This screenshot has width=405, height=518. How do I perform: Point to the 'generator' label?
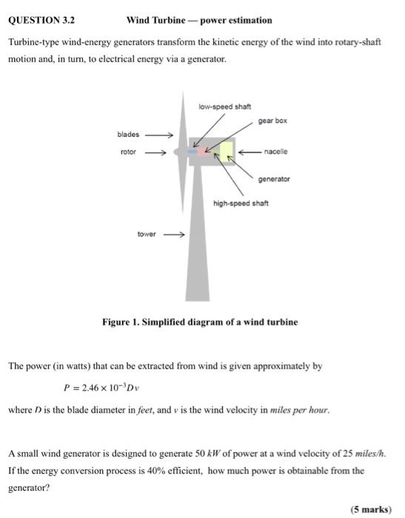[274, 179]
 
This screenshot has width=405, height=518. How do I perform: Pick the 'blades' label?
[128, 135]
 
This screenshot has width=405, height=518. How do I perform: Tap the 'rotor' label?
[129, 152]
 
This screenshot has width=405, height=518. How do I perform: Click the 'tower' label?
[147, 234]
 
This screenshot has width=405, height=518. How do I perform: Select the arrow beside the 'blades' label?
[159, 135]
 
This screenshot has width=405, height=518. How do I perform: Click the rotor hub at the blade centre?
[178, 152]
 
